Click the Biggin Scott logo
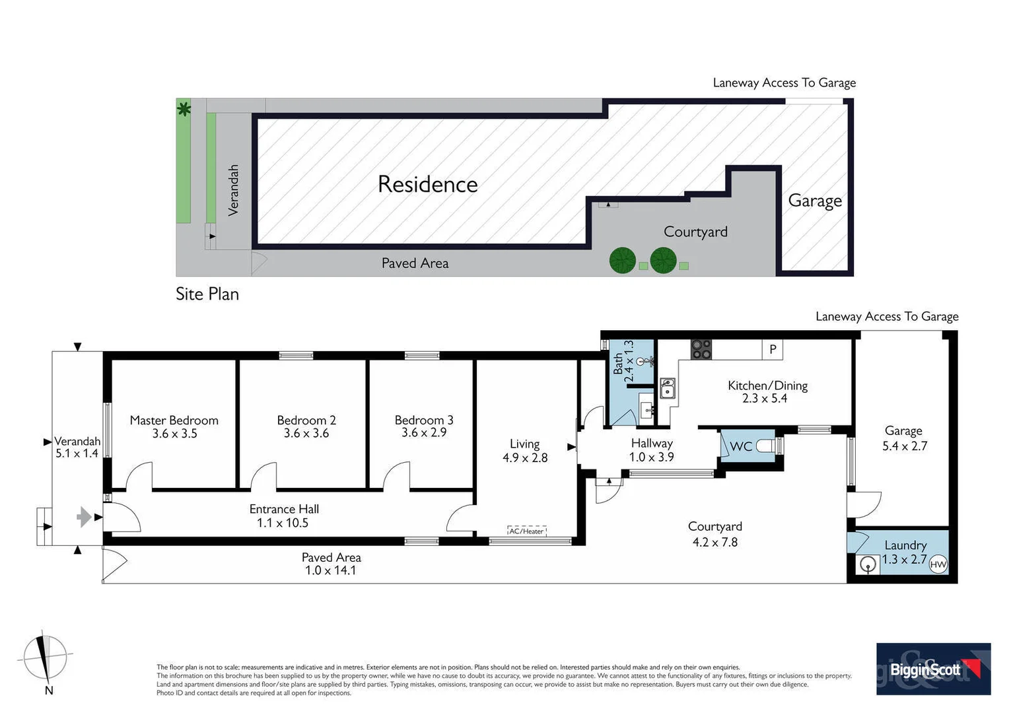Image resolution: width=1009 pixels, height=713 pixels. (x=932, y=669)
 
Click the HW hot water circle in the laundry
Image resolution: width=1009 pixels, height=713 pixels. (x=938, y=564)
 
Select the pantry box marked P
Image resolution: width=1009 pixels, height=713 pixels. (x=772, y=349)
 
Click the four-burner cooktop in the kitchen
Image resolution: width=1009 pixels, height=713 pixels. (x=701, y=349)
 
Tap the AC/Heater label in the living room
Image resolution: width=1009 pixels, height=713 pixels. (x=526, y=531)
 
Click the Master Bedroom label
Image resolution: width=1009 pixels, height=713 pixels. (x=174, y=421)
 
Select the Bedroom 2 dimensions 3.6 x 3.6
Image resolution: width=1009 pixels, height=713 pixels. (x=306, y=434)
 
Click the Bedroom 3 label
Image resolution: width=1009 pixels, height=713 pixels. (x=423, y=421)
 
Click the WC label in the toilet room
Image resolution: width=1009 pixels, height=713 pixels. (x=741, y=447)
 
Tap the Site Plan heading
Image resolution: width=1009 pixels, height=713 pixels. (x=207, y=294)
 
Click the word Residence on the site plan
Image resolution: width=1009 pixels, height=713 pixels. (x=427, y=184)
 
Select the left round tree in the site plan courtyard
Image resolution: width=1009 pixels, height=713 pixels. (x=622, y=260)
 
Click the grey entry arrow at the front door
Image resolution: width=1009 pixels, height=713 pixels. (x=84, y=516)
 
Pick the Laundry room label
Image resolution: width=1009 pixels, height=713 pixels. (x=905, y=545)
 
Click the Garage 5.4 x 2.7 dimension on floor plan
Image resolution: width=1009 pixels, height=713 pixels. (x=904, y=446)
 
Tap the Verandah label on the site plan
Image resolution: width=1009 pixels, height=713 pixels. (x=233, y=190)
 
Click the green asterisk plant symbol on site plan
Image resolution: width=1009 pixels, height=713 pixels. (x=184, y=109)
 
